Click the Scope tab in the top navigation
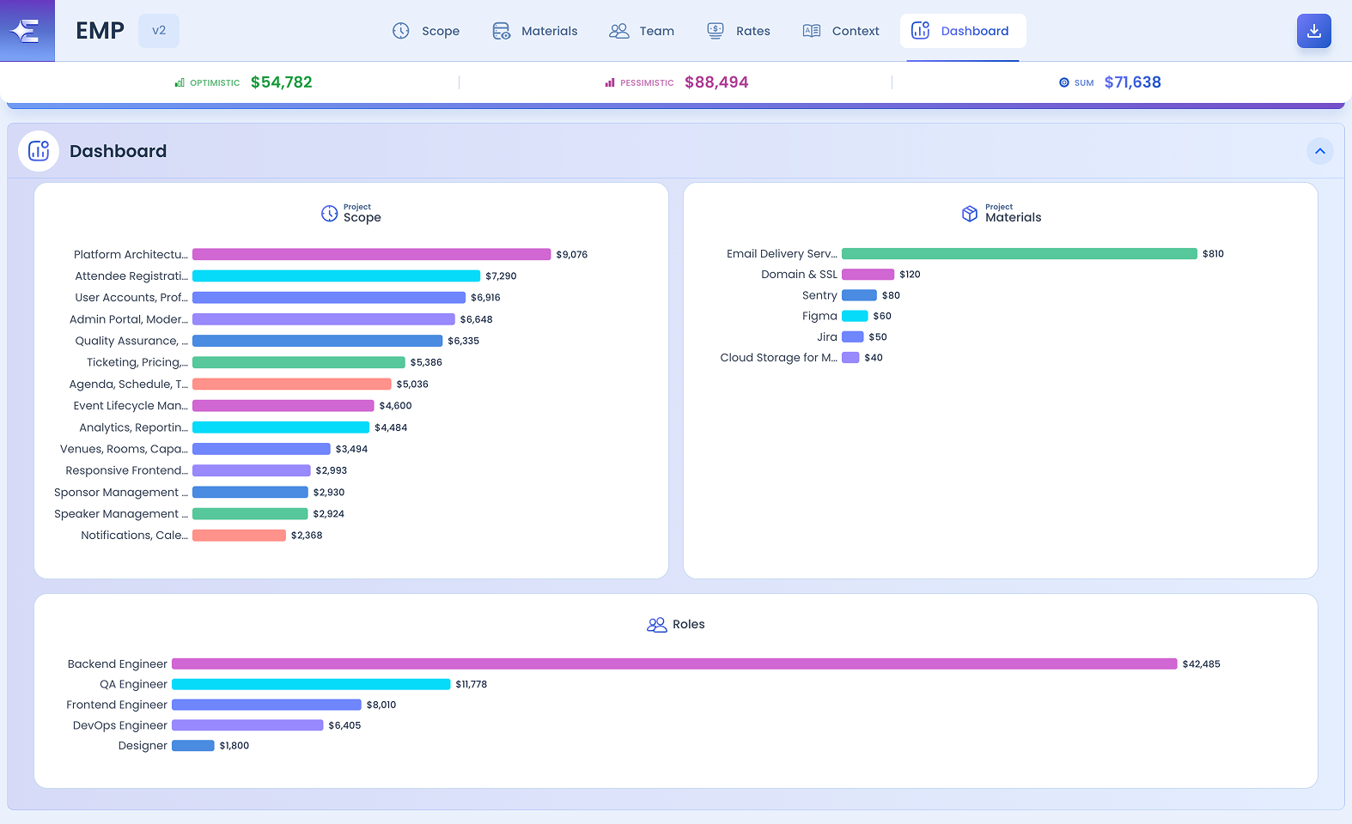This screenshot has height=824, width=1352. pyautogui.click(x=426, y=31)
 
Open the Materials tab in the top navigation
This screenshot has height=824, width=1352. pyautogui.click(x=535, y=31)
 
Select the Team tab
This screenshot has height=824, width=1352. pyautogui.click(x=642, y=31)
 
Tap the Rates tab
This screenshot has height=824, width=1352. pyautogui.click(x=739, y=31)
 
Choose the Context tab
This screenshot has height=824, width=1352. pyautogui.click(x=841, y=31)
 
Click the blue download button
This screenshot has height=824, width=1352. pyautogui.click(x=1314, y=31)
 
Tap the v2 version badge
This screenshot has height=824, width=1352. pyautogui.click(x=159, y=31)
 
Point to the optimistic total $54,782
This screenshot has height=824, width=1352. pyautogui.click(x=281, y=82)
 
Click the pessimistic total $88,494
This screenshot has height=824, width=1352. pyautogui.click(x=716, y=82)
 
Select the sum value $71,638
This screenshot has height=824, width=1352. pyautogui.click(x=1133, y=82)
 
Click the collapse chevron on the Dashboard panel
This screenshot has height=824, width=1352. pyautogui.click(x=1320, y=151)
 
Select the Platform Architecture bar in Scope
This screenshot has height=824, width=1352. pyautogui.click(x=371, y=255)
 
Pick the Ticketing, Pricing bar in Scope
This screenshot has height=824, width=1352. pyautogui.click(x=299, y=362)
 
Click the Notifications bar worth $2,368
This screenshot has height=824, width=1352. pyautogui.click(x=239, y=535)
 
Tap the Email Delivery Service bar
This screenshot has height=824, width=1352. pyautogui.click(x=1020, y=254)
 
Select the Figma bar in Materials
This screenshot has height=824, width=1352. pyautogui.click(x=855, y=316)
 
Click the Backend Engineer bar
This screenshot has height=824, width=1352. pyautogui.click(x=674, y=664)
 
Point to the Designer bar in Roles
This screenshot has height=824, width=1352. pyautogui.click(x=193, y=746)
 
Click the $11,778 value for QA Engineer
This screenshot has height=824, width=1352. pyautogui.click(x=472, y=684)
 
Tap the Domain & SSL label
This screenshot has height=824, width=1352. pyautogui.click(x=799, y=275)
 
